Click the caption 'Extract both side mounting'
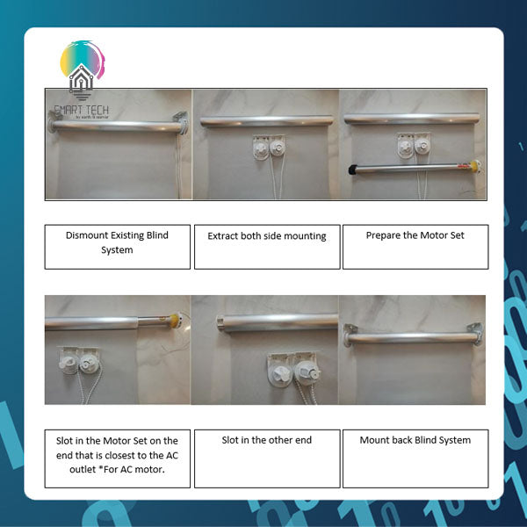coord(266,236)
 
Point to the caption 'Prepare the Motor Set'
coord(414,235)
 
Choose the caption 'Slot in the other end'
coord(266,440)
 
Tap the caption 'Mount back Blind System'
coord(415,440)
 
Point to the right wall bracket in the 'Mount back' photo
coord(476,332)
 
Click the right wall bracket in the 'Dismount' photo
coord(182,119)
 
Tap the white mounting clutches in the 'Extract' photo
coord(267,146)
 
